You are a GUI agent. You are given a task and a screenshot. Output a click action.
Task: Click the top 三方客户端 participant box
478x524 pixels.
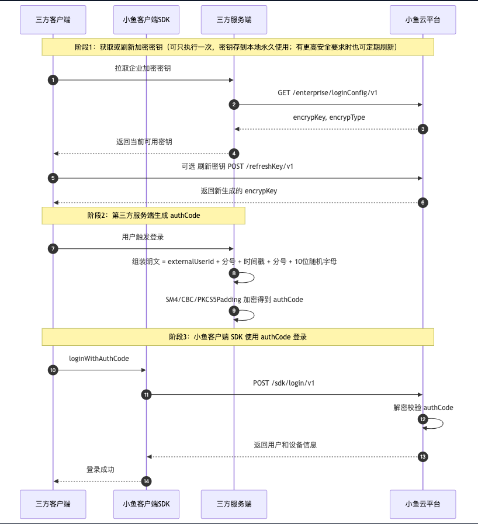(x=53, y=20)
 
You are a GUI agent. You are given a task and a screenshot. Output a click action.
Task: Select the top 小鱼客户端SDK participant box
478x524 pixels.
(x=146, y=20)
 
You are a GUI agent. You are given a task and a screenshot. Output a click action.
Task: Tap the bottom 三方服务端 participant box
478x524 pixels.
(x=234, y=504)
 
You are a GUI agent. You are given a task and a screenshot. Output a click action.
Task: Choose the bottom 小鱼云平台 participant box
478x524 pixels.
(x=423, y=504)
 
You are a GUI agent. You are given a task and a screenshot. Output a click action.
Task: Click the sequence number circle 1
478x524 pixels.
(x=53, y=80)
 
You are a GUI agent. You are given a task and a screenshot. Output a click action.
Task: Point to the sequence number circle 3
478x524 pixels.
(x=423, y=129)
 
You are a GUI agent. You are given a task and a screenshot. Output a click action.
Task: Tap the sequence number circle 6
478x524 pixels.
(x=423, y=203)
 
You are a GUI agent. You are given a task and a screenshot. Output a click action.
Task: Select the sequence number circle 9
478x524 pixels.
(x=234, y=311)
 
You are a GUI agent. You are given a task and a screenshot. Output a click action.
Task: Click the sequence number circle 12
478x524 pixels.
(x=423, y=419)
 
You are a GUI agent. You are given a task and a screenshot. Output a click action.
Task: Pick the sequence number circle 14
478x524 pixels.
(x=146, y=481)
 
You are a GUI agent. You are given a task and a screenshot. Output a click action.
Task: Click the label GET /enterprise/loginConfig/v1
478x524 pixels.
(x=328, y=92)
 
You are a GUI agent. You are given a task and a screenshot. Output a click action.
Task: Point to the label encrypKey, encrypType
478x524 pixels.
(x=329, y=117)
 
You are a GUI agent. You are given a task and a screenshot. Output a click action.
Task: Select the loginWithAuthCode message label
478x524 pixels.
(x=99, y=359)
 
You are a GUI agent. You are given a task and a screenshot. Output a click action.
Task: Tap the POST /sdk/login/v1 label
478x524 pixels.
(x=284, y=383)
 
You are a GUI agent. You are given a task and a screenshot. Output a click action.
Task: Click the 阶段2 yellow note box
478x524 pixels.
(x=143, y=216)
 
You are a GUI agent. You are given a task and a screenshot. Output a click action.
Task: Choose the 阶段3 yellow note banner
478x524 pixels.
(x=238, y=337)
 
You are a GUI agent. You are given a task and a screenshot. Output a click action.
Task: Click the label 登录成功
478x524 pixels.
(x=101, y=470)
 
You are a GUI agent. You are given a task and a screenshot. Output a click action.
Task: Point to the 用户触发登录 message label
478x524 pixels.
(x=143, y=237)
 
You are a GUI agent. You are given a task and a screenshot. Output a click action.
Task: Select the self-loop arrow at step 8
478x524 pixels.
(x=254, y=277)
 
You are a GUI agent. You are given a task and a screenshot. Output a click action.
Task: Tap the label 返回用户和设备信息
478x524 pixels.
(x=285, y=445)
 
